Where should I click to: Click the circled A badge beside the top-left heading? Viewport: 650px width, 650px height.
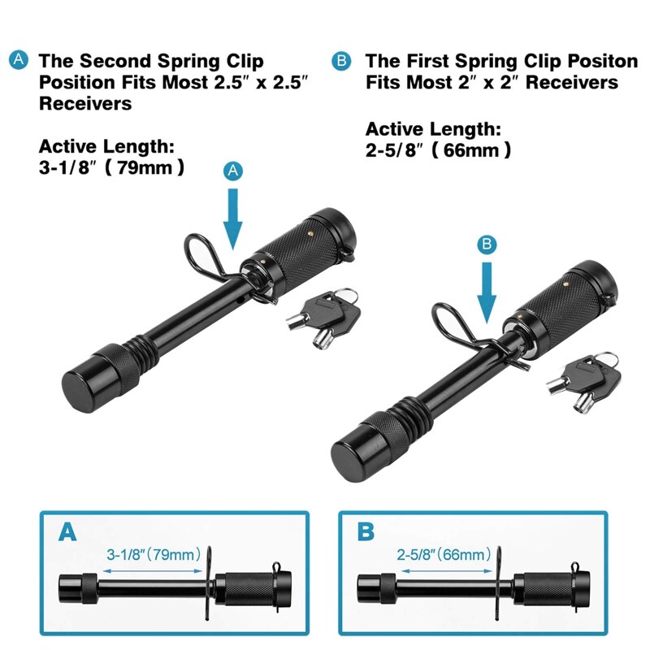click(x=18, y=60)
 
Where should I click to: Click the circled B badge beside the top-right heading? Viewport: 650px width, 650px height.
click(x=342, y=60)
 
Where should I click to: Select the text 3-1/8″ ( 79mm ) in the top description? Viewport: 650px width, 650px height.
click(x=112, y=168)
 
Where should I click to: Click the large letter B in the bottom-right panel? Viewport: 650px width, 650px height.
click(x=366, y=533)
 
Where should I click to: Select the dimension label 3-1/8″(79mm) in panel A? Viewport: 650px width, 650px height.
click(x=154, y=556)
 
